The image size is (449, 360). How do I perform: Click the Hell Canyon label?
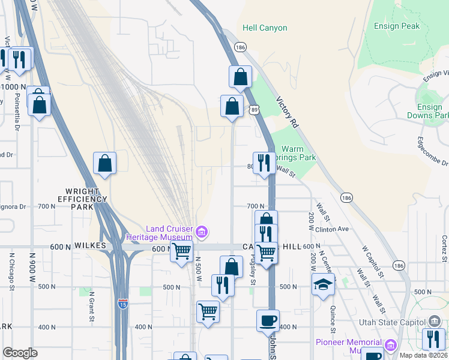point(265,28)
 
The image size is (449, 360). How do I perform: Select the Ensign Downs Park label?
point(427,111)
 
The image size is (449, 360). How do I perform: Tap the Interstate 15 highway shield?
point(122,303)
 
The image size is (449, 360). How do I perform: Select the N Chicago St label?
point(11,271)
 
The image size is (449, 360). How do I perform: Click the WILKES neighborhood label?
point(90,247)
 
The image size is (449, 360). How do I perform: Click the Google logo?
point(20,352)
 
